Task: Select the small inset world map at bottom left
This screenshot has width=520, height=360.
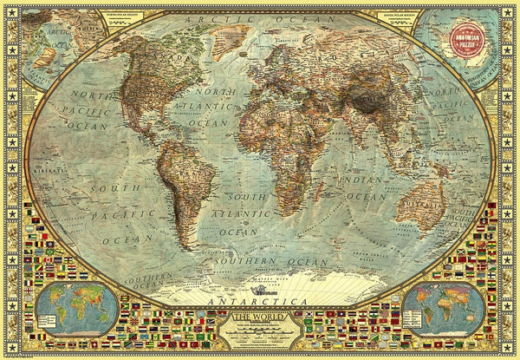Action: tap(77, 309)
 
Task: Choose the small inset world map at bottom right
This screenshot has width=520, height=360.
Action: tap(443, 309)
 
